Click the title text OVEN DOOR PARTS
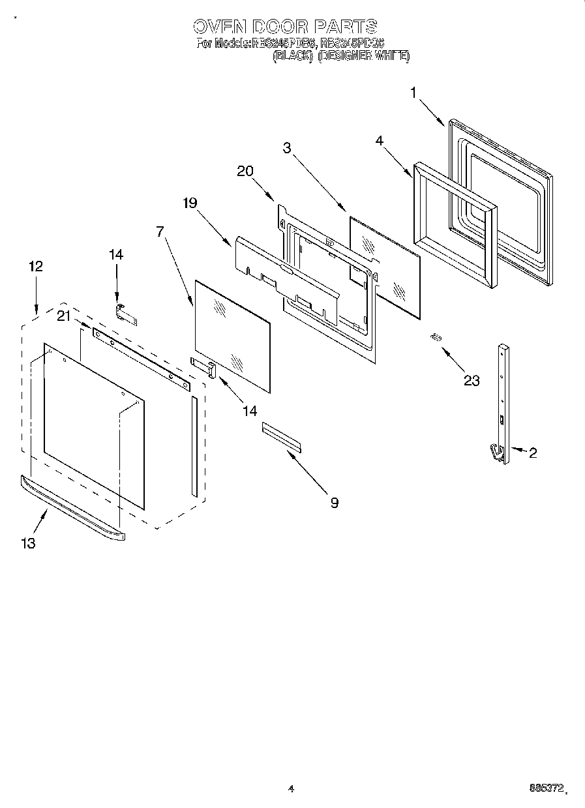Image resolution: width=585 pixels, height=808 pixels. [x=285, y=26]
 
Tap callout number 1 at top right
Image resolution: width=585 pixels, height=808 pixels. [x=412, y=93]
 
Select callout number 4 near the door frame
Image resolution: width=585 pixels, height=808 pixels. [x=378, y=140]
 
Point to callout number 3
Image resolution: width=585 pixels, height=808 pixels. [x=287, y=147]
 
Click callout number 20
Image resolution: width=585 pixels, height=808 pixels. [x=245, y=171]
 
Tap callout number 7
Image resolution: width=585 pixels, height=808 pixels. [x=159, y=232]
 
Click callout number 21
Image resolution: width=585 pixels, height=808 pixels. [x=63, y=316]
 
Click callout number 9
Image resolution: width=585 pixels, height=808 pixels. [x=334, y=502]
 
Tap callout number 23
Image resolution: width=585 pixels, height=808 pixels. [x=471, y=380]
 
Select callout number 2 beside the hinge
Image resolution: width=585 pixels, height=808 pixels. [x=533, y=453]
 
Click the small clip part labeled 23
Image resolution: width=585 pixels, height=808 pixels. [x=435, y=337]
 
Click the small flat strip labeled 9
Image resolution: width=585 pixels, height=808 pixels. [x=282, y=436]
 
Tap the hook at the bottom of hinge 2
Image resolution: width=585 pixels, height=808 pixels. [x=496, y=451]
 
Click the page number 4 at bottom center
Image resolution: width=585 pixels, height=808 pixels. [x=291, y=789]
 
